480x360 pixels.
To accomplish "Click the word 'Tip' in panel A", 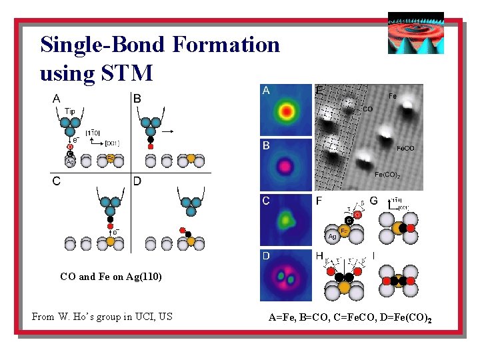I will coord(70,111).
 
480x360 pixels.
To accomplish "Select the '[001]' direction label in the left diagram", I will coord(112,143).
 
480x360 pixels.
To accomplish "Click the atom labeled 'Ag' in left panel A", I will coord(69,161).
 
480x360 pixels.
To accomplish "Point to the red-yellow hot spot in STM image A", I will coord(286,110).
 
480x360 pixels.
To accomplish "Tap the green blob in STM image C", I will coord(286,219).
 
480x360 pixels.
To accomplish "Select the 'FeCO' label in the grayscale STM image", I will coord(405,148).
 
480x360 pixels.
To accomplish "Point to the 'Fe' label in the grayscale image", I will coord(392,96).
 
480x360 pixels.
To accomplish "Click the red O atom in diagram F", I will coord(357,215).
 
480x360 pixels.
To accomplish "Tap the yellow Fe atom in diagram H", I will coord(344,287).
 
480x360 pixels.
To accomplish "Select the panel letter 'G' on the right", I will coord(373,200).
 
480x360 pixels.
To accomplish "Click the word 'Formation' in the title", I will coord(226,45).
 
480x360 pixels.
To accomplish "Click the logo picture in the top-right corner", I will coord(415,33).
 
